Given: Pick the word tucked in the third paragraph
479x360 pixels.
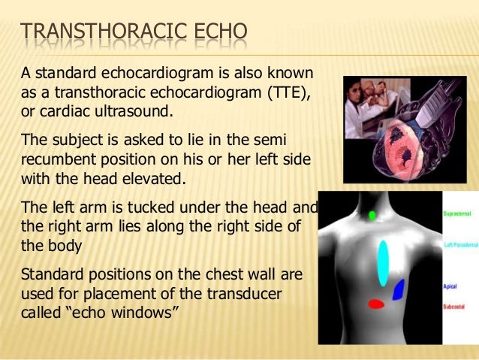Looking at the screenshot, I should point(122,207).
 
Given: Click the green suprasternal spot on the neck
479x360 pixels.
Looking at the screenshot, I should point(373,216).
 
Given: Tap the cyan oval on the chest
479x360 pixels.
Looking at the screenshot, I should point(384,263).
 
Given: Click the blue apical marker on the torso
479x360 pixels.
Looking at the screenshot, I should point(399,290).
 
